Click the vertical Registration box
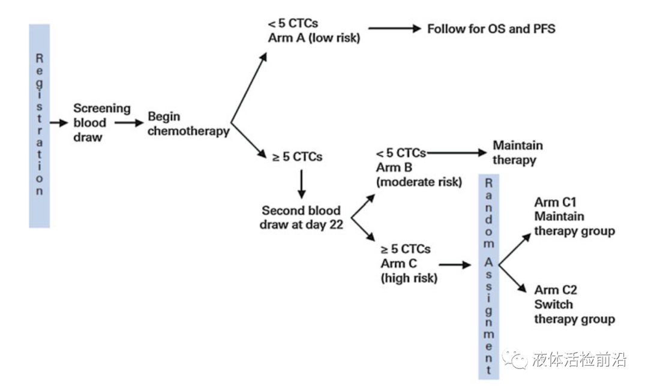pos(39,125)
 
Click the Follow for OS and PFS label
pos(491,29)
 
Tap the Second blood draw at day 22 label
pos(301,218)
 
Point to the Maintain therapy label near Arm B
pos(517,153)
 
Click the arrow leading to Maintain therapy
pos(456,153)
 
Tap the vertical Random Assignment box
pos(488,276)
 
